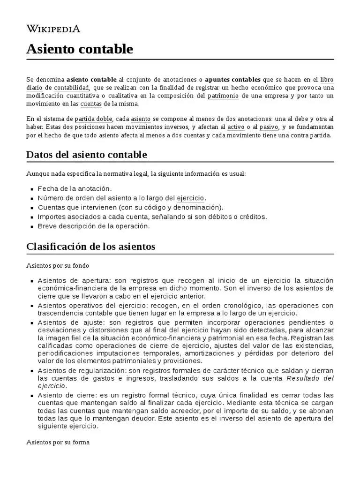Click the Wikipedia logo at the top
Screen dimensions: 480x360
pos(53,29)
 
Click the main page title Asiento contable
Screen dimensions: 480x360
pos(80,49)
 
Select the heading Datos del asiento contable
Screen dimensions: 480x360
pos(87,155)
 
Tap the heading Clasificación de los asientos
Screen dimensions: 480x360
pos(90,246)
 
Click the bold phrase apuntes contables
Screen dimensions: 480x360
pos(233,80)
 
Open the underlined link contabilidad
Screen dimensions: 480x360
pos(71,88)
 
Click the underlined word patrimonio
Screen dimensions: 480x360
pos(223,96)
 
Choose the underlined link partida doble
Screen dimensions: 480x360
pos(93,119)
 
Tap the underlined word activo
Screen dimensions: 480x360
pos(236,127)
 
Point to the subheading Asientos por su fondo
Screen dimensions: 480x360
pos(58,266)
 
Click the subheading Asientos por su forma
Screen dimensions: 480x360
pos(58,442)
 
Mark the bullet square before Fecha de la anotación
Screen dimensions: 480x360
pos(32,189)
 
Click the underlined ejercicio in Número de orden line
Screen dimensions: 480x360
pos(191,198)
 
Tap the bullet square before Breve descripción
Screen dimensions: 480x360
pos(32,226)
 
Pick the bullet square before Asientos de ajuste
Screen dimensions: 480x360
pos(32,323)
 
